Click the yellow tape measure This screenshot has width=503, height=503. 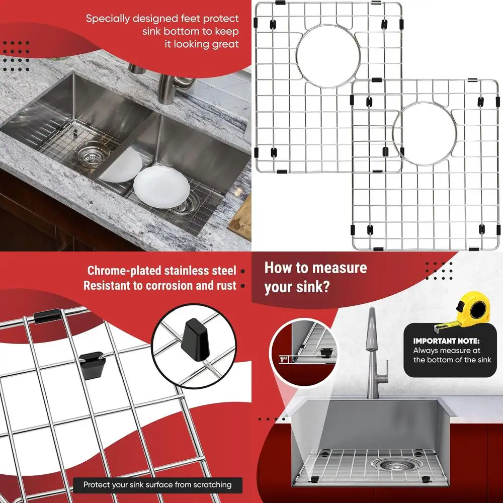(x=472, y=310)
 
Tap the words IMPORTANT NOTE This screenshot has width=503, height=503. (x=446, y=341)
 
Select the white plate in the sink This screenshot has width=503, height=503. (x=161, y=185)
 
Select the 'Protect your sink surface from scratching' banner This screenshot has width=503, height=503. (x=157, y=485)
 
